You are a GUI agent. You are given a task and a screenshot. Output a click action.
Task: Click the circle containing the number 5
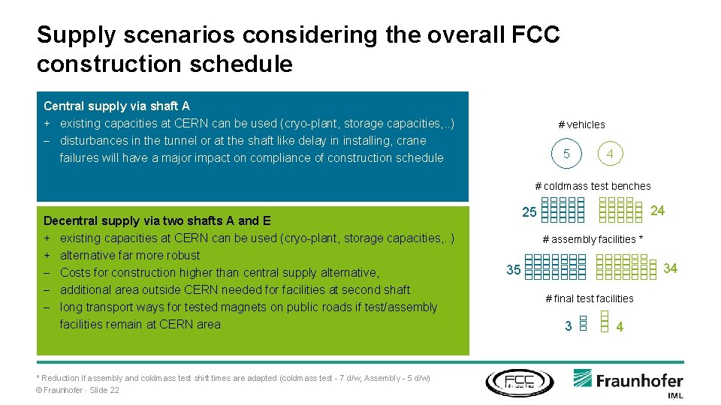pos(566,154)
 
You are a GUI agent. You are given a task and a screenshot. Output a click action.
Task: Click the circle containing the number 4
pos(610,154)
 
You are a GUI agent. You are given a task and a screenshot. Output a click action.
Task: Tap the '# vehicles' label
pos(581,124)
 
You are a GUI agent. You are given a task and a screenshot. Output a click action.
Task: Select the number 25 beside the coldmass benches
pos(529,212)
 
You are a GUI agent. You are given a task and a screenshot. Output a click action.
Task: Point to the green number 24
pos(657,211)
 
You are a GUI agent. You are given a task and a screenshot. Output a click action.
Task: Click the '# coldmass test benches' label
pos(593,186)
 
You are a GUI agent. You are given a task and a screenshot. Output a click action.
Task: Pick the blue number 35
pos(514,270)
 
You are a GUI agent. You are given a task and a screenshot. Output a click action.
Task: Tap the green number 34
pos(670,268)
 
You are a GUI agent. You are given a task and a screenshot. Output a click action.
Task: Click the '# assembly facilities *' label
pos(593,240)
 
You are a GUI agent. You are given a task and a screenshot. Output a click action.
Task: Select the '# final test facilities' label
pos(589,298)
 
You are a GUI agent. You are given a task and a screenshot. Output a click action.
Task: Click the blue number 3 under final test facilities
pos(569,326)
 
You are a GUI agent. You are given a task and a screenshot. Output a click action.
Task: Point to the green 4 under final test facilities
pos(620,327)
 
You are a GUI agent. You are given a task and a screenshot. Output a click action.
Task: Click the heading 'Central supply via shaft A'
pos(116,106)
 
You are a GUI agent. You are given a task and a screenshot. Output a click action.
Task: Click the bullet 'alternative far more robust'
pos(130,255)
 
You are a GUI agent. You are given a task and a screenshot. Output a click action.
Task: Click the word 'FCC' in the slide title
pos(534,35)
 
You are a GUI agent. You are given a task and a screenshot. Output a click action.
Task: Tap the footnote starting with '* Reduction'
pos(233,378)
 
